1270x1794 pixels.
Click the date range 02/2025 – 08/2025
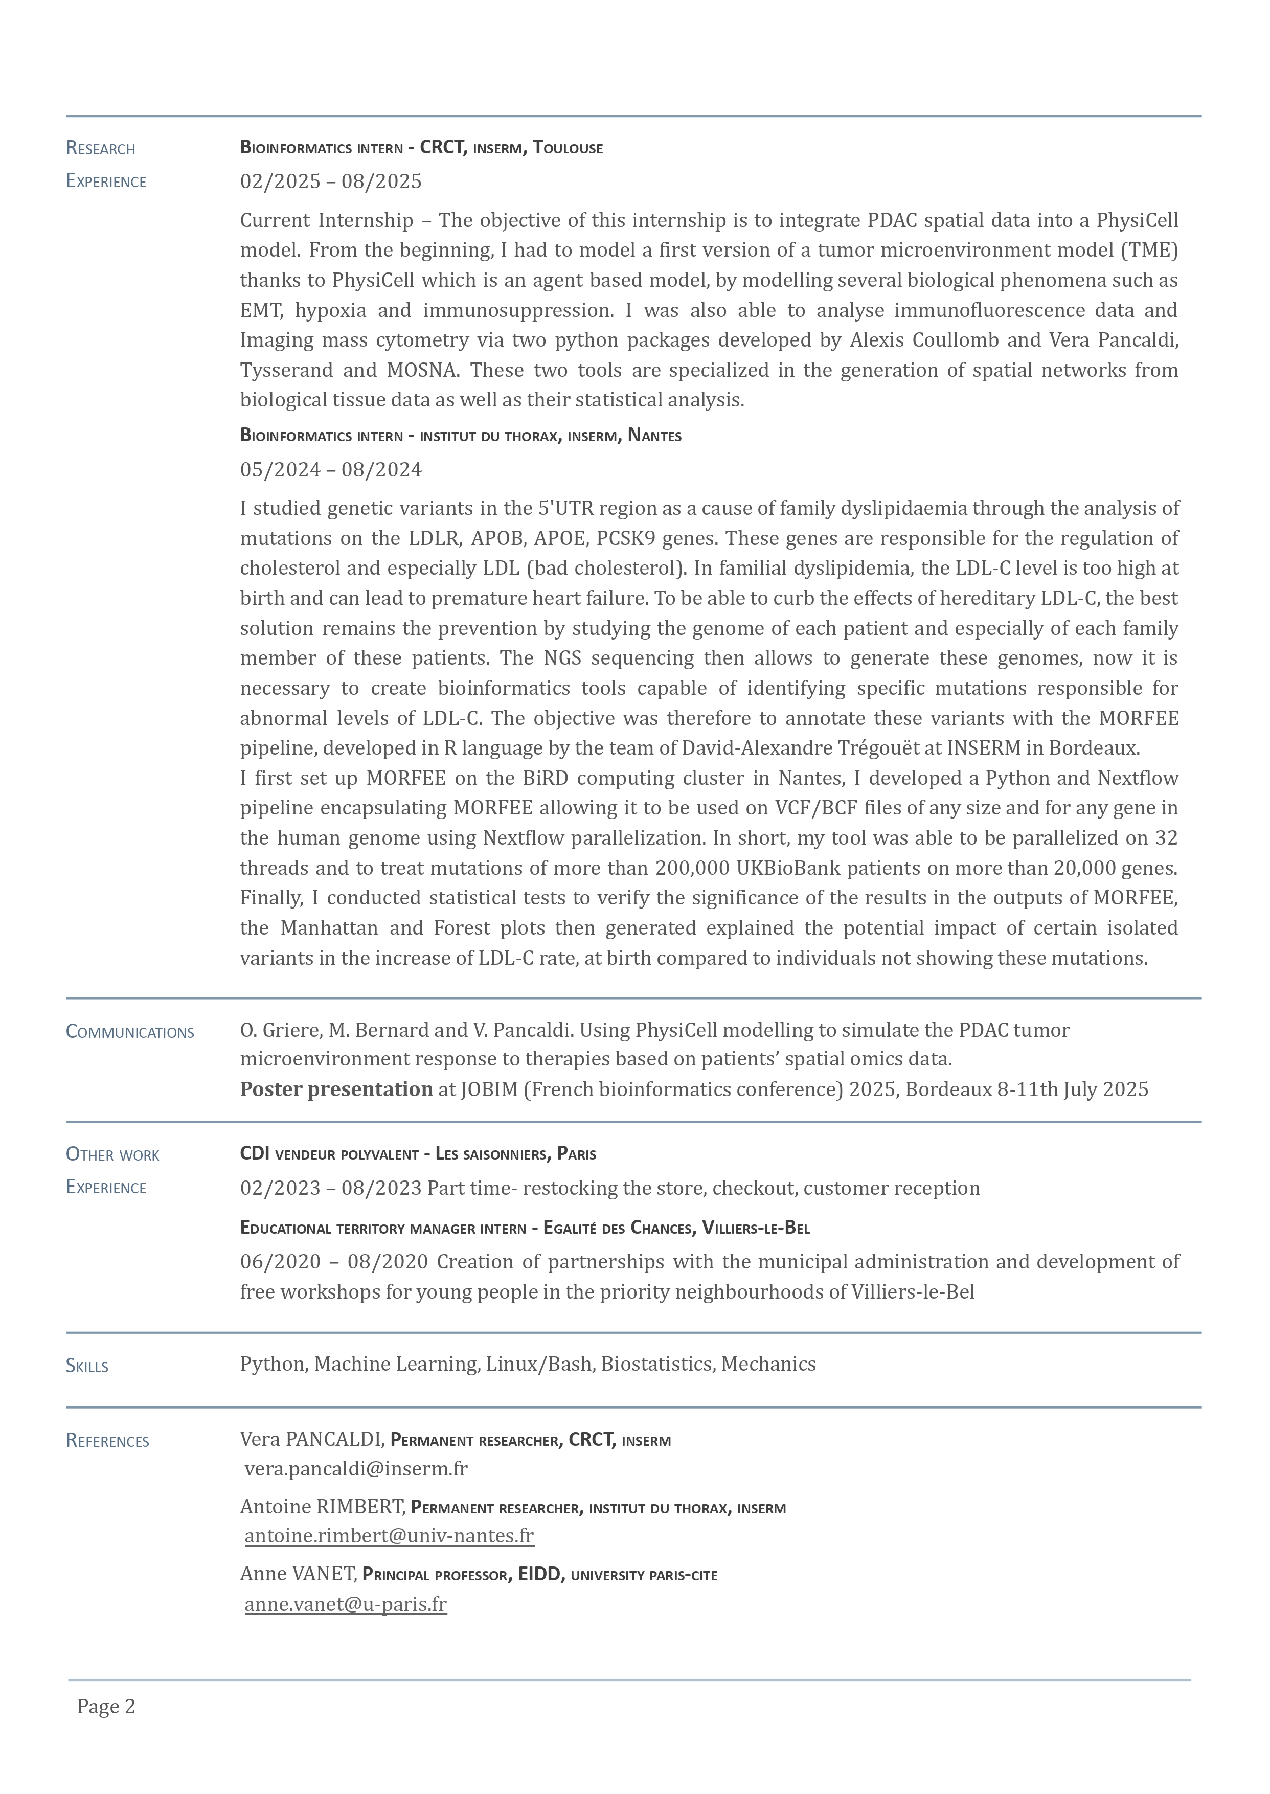point(331,182)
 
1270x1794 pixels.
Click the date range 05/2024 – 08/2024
point(331,470)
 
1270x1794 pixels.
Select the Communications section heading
point(130,1032)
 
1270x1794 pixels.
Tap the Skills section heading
point(87,1366)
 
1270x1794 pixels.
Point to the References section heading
point(107,1441)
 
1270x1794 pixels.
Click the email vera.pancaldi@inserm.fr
point(356,1469)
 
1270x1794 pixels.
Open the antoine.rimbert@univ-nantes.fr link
point(389,1536)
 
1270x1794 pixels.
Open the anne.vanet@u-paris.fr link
point(346,1604)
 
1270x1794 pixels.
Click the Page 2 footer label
point(106,1707)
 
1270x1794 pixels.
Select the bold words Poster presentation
point(336,1089)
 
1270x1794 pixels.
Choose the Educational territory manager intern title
point(383,1228)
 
